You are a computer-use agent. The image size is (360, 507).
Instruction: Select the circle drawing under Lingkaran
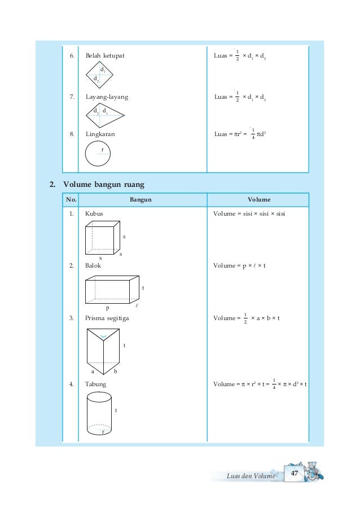coord(98,154)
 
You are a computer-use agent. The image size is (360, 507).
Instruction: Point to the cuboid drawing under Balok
coord(112,290)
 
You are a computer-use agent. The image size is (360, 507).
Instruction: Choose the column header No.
coord(71,199)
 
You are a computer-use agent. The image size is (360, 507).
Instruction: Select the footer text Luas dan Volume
coord(250,476)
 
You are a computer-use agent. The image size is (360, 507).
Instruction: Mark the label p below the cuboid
coord(108,308)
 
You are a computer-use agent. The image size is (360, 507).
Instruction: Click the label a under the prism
coord(93,371)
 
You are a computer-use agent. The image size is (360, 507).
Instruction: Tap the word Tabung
coord(95,384)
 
